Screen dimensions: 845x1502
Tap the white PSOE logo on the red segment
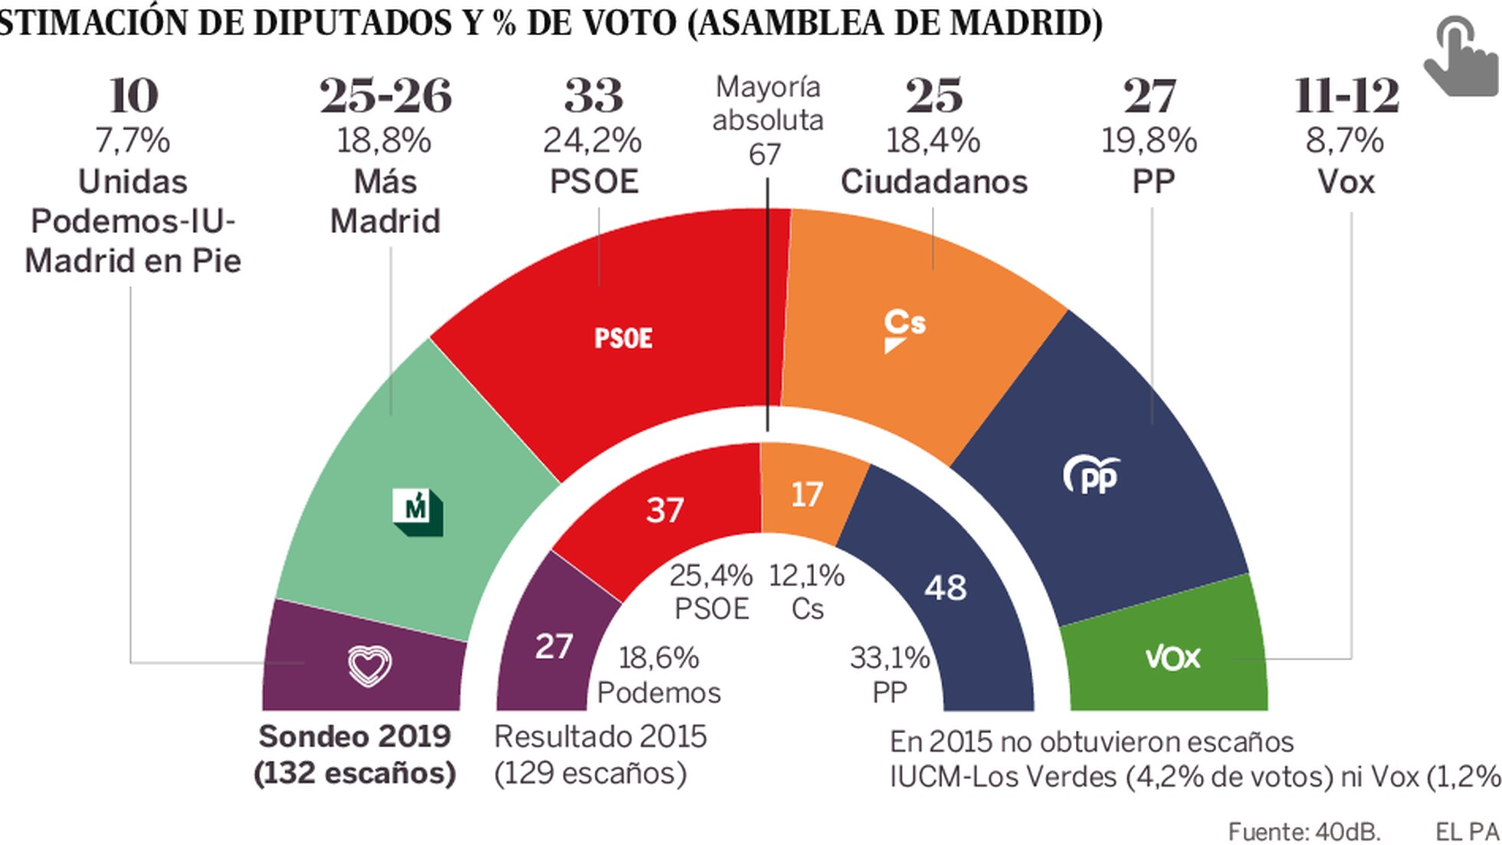pyautogui.click(x=623, y=339)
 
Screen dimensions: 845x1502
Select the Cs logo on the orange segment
pyautogui.click(x=904, y=329)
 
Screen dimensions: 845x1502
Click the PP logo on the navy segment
pyautogui.click(x=1091, y=475)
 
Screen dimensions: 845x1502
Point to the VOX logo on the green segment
pyautogui.click(x=1172, y=658)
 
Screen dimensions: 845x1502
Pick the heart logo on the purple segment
pyautogui.click(x=369, y=665)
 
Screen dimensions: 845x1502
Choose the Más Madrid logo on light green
pyautogui.click(x=418, y=511)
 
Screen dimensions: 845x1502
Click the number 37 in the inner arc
pyautogui.click(x=664, y=510)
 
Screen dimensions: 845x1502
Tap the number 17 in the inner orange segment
pyautogui.click(x=806, y=495)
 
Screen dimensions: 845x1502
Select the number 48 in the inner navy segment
pyautogui.click(x=945, y=588)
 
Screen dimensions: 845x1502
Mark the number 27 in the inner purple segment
pyautogui.click(x=553, y=647)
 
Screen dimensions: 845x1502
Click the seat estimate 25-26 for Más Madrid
pyautogui.click(x=385, y=96)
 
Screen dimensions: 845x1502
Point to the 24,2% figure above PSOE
pyautogui.click(x=592, y=140)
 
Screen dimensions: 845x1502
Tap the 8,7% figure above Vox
pyautogui.click(x=1345, y=140)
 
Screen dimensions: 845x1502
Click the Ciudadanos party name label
pyautogui.click(x=933, y=182)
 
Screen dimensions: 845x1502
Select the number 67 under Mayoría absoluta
pyautogui.click(x=765, y=155)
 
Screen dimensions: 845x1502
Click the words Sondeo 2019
pyautogui.click(x=354, y=736)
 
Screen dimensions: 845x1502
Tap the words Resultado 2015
pyautogui.click(x=600, y=736)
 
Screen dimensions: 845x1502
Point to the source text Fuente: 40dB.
pyautogui.click(x=1304, y=831)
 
